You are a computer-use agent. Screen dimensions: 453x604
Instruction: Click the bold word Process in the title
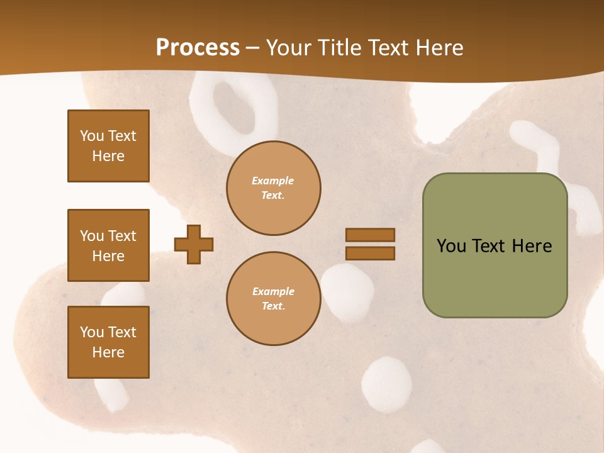point(198,48)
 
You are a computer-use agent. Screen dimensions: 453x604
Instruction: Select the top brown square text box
point(108,146)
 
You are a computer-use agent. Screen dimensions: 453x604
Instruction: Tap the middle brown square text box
point(108,245)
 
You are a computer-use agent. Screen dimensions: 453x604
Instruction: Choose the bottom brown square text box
point(108,342)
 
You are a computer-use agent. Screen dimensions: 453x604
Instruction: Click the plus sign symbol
point(194,244)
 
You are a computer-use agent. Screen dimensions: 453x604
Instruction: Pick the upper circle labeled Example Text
point(273,188)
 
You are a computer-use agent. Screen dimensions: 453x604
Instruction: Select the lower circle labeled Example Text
point(273,299)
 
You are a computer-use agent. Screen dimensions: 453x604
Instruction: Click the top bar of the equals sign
point(370,235)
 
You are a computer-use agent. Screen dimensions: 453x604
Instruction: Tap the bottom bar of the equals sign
point(370,253)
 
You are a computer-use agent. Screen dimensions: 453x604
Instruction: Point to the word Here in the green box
point(532,246)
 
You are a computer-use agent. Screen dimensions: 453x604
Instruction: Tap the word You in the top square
point(92,136)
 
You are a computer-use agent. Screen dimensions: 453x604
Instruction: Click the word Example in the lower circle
point(273,291)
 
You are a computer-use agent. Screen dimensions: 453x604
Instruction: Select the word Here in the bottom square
point(108,352)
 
